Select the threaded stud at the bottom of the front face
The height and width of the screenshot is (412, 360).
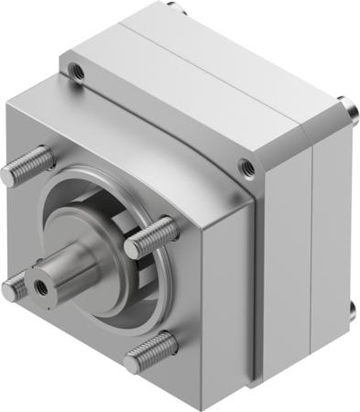pyautogui.click(x=151, y=351)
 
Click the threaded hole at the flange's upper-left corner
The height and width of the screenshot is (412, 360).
pyautogui.click(x=78, y=71)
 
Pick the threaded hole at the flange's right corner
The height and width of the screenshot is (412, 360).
pyautogui.click(x=246, y=166)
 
